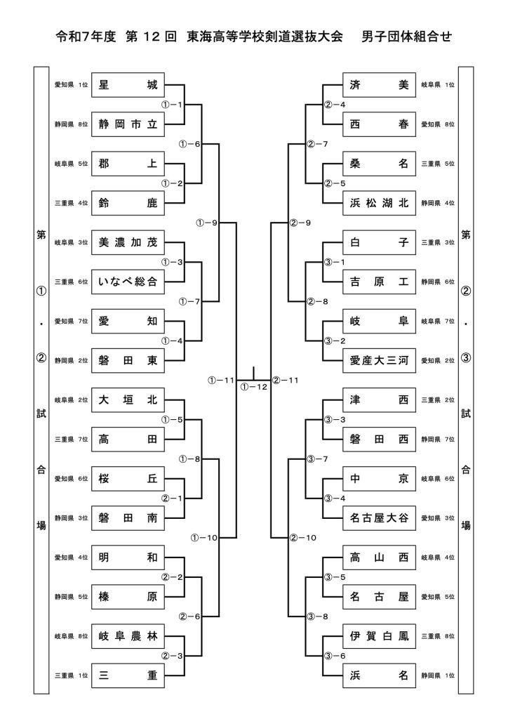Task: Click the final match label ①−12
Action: click(253, 387)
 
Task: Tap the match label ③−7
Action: click(318, 459)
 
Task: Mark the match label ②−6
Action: click(189, 616)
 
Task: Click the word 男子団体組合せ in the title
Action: click(406, 36)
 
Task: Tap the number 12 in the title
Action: click(160, 36)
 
